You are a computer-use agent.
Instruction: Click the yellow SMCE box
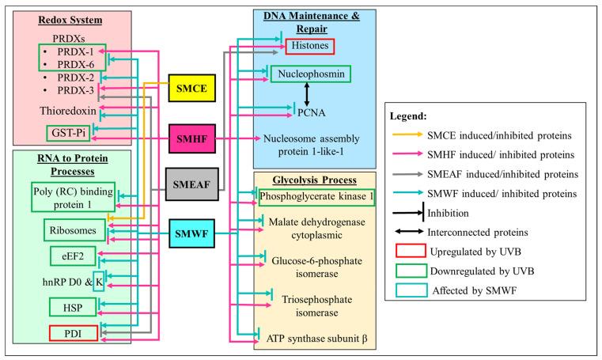[192, 88]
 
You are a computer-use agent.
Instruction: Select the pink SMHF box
[192, 138]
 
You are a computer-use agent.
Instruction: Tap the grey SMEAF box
[192, 184]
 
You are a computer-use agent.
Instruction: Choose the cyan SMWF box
[191, 233]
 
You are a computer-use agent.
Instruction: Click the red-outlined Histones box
[310, 46]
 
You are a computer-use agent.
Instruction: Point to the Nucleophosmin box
[311, 74]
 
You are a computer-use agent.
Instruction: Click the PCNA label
[312, 113]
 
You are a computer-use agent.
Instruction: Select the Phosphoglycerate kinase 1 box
[316, 197]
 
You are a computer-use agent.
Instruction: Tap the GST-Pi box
[68, 133]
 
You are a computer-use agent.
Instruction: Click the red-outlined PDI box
[74, 333]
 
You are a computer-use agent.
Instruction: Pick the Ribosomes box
[74, 230]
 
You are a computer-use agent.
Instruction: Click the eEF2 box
[73, 256]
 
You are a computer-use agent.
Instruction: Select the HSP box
[73, 308]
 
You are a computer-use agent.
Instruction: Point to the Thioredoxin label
[68, 111]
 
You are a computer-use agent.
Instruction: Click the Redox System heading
[70, 20]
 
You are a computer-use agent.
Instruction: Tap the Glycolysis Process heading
[314, 180]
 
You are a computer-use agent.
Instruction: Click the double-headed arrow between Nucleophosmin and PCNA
[307, 93]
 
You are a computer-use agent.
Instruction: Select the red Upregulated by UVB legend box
[411, 251]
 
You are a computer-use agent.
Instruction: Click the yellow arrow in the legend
[407, 135]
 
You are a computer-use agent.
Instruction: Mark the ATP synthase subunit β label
[316, 339]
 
